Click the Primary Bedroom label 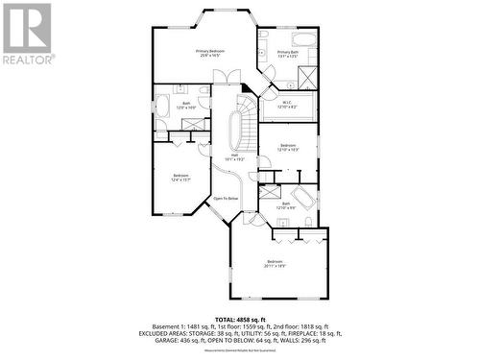coord(210,53)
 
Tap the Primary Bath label coord(290,54)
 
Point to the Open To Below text coord(226,198)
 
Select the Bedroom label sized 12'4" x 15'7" coord(180,177)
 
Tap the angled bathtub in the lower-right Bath coord(303,199)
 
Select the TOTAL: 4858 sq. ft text coord(240,317)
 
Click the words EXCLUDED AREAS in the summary coord(181,331)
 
